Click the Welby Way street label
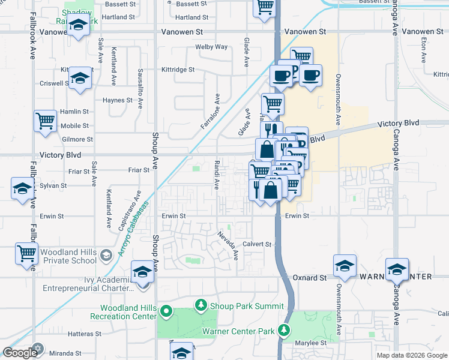click(211, 47)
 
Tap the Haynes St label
click(117, 100)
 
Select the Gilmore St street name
click(77, 139)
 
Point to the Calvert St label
click(258, 244)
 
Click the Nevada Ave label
click(228, 245)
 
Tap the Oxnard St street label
click(310, 278)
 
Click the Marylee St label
click(310, 343)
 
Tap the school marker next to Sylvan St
click(22, 188)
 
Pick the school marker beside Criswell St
click(80, 79)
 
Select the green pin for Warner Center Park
click(283, 331)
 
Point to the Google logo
click(20, 352)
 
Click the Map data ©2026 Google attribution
click(412, 355)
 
